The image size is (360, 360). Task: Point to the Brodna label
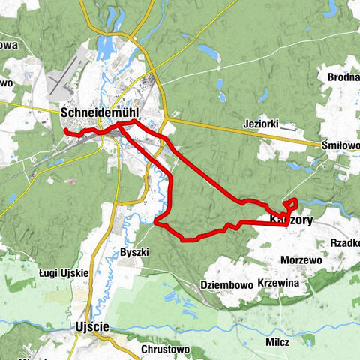pos(343,76)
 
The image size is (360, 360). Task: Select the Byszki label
pos(135,252)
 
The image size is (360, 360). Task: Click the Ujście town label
pos(92,326)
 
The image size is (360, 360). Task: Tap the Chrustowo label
pos(165,349)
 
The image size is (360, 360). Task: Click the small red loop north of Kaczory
pos(291,203)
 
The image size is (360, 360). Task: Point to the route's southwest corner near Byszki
pos(156,221)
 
